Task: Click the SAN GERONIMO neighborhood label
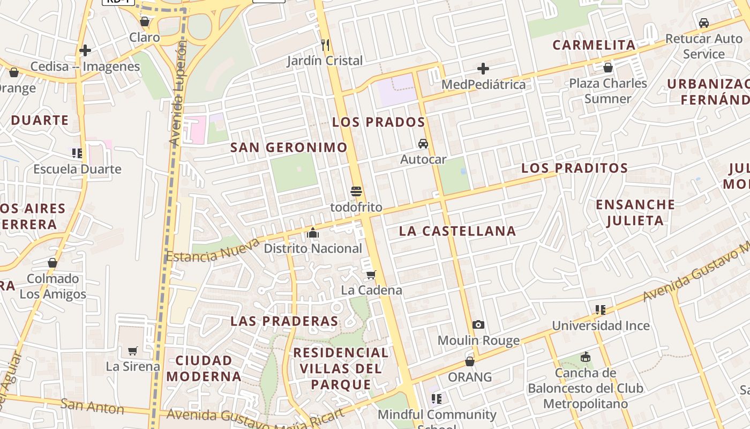tap(289, 147)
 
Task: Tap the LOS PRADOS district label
tap(378, 122)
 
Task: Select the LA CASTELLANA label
tap(457, 231)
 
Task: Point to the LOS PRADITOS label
tap(574, 168)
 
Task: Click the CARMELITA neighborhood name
tap(594, 45)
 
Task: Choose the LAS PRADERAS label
tap(284, 321)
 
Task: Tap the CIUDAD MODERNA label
tap(204, 368)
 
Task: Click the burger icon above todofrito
tap(356, 191)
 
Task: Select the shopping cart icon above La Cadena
tap(371, 275)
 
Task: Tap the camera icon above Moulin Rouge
tap(478, 324)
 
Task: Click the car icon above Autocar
tap(423, 144)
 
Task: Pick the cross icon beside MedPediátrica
tap(483, 69)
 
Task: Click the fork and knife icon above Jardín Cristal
tap(325, 45)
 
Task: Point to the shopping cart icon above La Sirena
tap(133, 351)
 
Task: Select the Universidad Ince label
tap(601, 326)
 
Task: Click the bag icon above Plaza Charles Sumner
tap(608, 68)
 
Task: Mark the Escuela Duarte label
tap(77, 169)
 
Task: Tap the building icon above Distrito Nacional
tap(313, 233)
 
